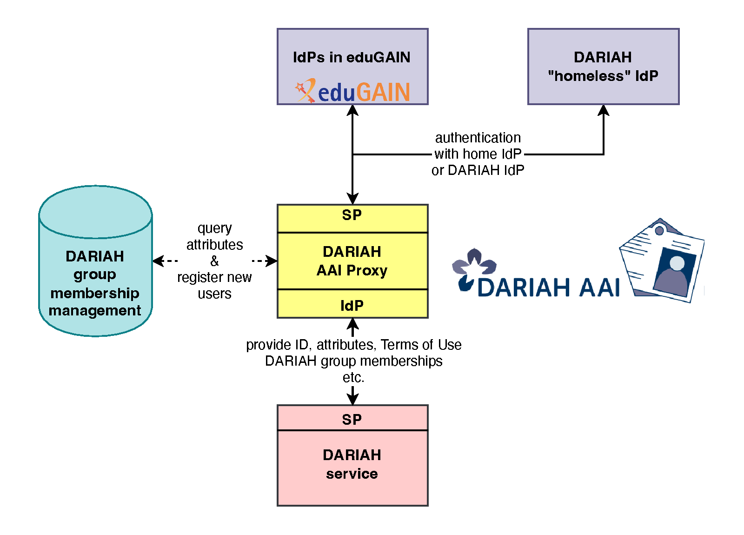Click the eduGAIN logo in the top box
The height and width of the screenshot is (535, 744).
352,91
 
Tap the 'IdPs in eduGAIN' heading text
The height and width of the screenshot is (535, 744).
352,57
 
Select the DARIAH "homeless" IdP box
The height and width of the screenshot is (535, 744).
603,67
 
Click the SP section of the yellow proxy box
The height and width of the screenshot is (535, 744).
352,215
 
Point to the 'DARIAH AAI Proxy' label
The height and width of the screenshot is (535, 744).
352,261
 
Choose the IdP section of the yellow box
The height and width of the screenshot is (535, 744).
352,306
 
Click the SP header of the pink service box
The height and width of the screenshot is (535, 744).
352,420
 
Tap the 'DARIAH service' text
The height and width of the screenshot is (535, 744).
352,464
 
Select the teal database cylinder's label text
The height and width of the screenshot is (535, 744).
95,283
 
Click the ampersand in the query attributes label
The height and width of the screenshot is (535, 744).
214,261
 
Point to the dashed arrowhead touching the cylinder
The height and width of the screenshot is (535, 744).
158,261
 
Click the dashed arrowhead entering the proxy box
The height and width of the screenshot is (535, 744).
272,261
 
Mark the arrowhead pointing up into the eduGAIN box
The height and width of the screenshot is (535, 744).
353,110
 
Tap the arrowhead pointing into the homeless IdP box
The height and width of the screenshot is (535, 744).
604,110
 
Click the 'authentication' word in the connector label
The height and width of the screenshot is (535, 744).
478,138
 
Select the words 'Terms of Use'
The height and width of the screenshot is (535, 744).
421,345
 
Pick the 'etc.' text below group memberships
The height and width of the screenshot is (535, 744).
353,377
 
